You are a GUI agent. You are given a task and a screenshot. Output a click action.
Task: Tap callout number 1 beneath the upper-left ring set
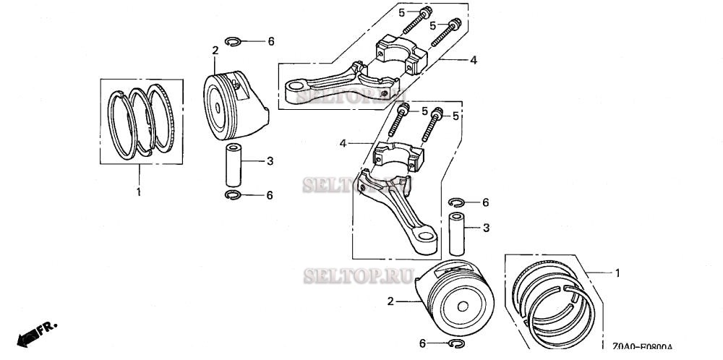(x=138, y=192)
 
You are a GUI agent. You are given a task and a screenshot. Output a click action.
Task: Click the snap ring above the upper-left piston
(x=234, y=42)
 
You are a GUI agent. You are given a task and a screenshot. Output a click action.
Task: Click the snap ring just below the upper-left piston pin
(x=234, y=195)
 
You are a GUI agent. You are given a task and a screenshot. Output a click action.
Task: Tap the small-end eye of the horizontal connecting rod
(x=295, y=91)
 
